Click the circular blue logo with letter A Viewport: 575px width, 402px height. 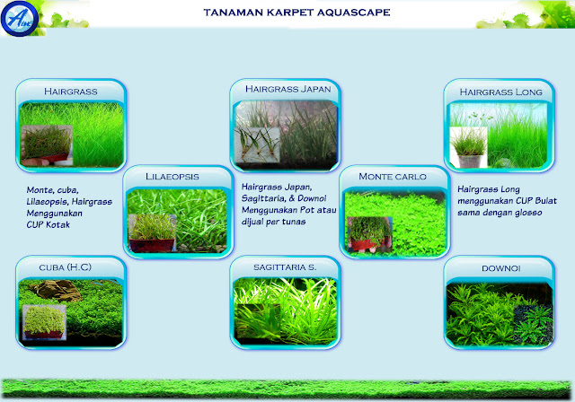[19, 18]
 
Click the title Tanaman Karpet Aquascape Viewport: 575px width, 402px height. [296, 13]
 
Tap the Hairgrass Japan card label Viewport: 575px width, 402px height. [287, 89]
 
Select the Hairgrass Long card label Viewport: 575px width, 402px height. [501, 92]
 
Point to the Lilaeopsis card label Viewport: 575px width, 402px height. [172, 177]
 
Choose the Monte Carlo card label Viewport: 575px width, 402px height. [393, 177]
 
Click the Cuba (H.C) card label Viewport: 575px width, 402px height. [65, 267]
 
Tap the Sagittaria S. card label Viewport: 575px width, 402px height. [285, 267]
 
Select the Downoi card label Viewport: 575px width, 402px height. [501, 268]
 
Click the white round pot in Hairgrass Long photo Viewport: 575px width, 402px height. [470, 162]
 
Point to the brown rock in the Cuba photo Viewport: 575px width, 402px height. [56, 291]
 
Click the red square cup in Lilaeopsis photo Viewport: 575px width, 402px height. [152, 245]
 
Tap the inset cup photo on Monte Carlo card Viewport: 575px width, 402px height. [369, 235]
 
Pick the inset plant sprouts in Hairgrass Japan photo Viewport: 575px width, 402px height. [257, 145]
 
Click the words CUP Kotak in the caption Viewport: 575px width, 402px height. [48, 225]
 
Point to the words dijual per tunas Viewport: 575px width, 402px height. [273, 222]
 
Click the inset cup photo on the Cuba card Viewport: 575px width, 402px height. [44, 322]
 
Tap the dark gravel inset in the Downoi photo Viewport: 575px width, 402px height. [533, 324]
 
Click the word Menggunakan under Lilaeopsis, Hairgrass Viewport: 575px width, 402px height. [54, 213]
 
